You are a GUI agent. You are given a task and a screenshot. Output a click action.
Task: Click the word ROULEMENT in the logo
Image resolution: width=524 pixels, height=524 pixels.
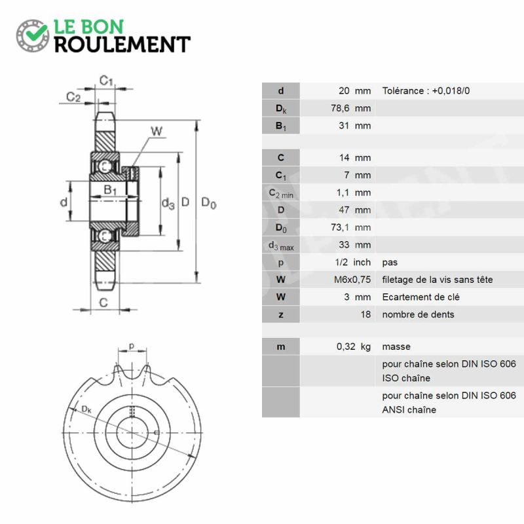[x=122, y=45]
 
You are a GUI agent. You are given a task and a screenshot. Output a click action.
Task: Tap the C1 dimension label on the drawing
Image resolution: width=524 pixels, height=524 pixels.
[x=106, y=81]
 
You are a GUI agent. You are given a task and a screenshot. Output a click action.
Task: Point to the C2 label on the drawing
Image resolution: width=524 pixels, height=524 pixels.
[x=73, y=97]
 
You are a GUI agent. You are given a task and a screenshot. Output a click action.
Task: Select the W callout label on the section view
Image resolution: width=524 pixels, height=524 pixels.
[x=157, y=131]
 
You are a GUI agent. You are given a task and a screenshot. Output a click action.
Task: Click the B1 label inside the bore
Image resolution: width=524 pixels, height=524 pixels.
[x=110, y=190]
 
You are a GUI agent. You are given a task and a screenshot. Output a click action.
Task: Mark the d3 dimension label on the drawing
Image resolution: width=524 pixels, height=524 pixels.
[x=168, y=203]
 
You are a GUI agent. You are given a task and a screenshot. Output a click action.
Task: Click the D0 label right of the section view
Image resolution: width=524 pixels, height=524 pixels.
[x=209, y=202]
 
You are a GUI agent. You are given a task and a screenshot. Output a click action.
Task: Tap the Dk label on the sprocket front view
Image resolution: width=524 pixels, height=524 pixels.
[x=86, y=409]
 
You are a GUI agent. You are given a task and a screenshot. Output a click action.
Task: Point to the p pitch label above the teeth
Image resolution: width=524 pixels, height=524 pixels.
[x=132, y=346]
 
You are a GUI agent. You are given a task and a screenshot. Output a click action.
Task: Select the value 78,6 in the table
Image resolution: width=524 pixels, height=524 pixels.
[x=340, y=108]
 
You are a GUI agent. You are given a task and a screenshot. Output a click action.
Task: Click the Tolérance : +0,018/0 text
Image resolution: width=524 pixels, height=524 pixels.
[x=426, y=91]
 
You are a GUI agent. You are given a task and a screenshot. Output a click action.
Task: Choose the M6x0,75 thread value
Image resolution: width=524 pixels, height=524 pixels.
[x=352, y=280]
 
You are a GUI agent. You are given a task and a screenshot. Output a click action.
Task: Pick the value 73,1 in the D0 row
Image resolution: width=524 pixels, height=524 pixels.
[x=340, y=227]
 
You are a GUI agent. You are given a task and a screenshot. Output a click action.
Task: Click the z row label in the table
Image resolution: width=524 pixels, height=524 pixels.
[x=281, y=315]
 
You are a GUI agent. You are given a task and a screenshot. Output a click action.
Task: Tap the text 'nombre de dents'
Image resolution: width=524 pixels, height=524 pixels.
[x=418, y=314]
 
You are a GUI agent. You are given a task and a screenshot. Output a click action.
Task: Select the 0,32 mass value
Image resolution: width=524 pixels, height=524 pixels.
[x=346, y=346]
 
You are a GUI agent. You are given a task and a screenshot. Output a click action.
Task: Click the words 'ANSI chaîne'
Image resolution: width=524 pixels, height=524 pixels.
[x=409, y=410]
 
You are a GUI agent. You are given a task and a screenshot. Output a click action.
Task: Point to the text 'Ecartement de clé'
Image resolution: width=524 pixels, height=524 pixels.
[x=421, y=297]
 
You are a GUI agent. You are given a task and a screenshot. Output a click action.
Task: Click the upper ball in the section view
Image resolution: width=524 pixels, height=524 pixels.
[x=105, y=166]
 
